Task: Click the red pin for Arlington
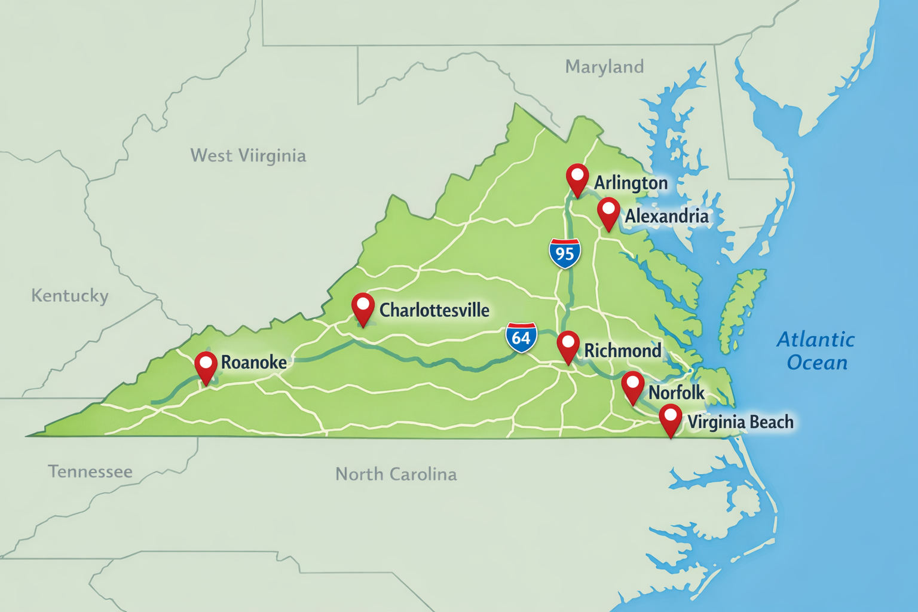[577, 178]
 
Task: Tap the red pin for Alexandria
[608, 212]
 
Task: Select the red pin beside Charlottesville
[363, 307]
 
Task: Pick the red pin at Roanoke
[206, 365]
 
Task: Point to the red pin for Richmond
[568, 345]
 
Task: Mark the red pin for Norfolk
[632, 385]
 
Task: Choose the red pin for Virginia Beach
[671, 418]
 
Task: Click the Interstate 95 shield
[565, 253]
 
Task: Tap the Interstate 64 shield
[521, 338]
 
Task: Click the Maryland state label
[605, 66]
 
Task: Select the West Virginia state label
[248, 155]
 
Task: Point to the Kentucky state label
[70, 296]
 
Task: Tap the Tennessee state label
[90, 472]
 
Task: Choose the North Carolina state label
[396, 475]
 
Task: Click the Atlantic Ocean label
[816, 351]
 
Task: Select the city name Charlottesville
[434, 310]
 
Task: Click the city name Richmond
[623, 351]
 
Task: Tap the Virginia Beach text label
[740, 422]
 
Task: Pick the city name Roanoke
[254, 362]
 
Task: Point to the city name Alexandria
[667, 216]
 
